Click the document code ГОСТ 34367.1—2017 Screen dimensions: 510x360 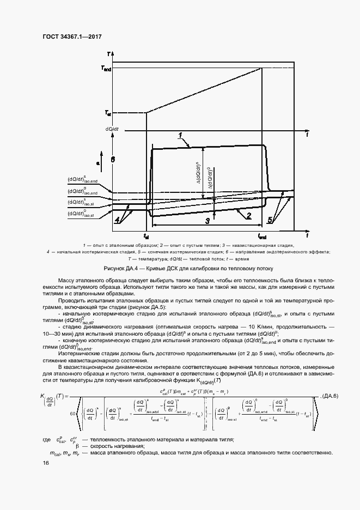[73, 37]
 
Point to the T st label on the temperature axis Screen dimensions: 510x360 [107, 113]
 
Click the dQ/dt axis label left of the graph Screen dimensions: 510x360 [112, 129]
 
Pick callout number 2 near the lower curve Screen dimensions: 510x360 [248, 215]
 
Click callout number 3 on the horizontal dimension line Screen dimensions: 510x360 [207, 221]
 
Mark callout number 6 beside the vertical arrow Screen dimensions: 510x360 [113, 160]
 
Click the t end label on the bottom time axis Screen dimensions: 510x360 [262, 237]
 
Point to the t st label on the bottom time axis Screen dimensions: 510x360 [146, 237]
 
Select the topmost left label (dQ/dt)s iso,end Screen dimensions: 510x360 [83, 180]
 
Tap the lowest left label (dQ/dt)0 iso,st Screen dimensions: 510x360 [81, 214]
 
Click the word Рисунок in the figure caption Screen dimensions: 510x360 [114, 269]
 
